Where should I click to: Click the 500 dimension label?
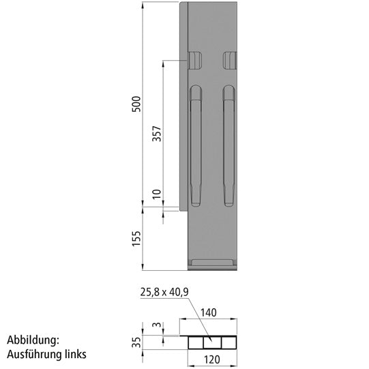136,104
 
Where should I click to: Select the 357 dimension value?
156,134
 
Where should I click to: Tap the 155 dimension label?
136,238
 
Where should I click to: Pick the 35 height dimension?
136,340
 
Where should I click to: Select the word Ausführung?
34,355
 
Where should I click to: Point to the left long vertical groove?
196,146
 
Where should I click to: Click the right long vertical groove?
228,146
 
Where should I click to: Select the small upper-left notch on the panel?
195,61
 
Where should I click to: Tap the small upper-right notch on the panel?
229,61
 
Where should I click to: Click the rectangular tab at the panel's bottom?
213,263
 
